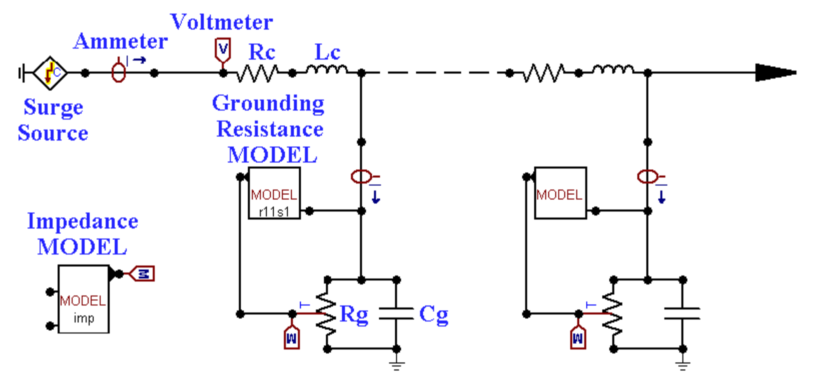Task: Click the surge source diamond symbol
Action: pyautogui.click(x=50, y=73)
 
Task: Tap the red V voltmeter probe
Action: pyautogui.click(x=223, y=50)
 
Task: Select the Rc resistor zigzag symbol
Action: pyautogui.click(x=257, y=73)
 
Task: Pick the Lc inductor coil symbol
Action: pyautogui.click(x=327, y=70)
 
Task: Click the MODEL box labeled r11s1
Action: pyautogui.click(x=274, y=193)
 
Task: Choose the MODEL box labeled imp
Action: pyautogui.click(x=83, y=299)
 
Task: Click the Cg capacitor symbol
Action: pyautogui.click(x=396, y=314)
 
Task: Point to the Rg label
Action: pyautogui.click(x=354, y=314)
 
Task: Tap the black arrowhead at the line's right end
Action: pyautogui.click(x=774, y=73)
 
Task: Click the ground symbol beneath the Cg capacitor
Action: pyautogui.click(x=396, y=365)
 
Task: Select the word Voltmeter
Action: pyautogui.click(x=221, y=22)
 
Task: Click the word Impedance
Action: pyautogui.click(x=83, y=221)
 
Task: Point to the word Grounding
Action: pyautogui.click(x=268, y=104)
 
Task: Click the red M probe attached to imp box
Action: pyautogui.click(x=143, y=274)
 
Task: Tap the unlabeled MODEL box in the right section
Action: pyautogui.click(x=560, y=193)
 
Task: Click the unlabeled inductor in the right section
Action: pyautogui.click(x=613, y=70)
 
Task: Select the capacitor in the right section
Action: pyautogui.click(x=682, y=314)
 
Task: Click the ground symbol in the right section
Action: pyautogui.click(x=683, y=365)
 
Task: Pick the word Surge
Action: pyautogui.click(x=53, y=107)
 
